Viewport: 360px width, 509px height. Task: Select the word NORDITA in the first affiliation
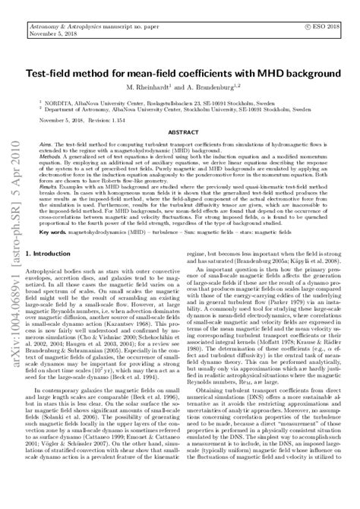tap(61, 100)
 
